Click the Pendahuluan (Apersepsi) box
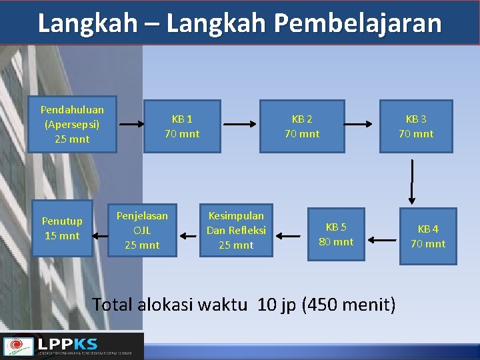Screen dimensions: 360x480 [x=71, y=124]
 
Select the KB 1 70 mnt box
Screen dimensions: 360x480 [x=182, y=126]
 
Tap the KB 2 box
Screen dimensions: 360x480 [x=302, y=126]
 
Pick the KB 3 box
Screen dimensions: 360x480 [x=416, y=126]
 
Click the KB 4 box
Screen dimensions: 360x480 [x=428, y=236]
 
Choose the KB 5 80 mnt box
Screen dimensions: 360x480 [x=336, y=234]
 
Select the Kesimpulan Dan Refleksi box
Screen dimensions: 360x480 [x=236, y=230]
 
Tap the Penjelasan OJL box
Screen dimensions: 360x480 [x=142, y=230]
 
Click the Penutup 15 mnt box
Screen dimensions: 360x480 [x=62, y=228]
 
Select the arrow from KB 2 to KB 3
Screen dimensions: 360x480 [x=359, y=125]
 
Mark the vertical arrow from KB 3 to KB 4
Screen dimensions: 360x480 [x=413, y=181]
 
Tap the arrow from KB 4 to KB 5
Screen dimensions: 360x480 [x=383, y=239]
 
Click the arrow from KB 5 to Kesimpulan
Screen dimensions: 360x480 [x=289, y=235]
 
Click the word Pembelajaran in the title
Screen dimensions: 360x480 [x=357, y=23]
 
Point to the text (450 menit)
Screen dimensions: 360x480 [x=349, y=305]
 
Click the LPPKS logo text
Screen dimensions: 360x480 [x=67, y=344]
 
